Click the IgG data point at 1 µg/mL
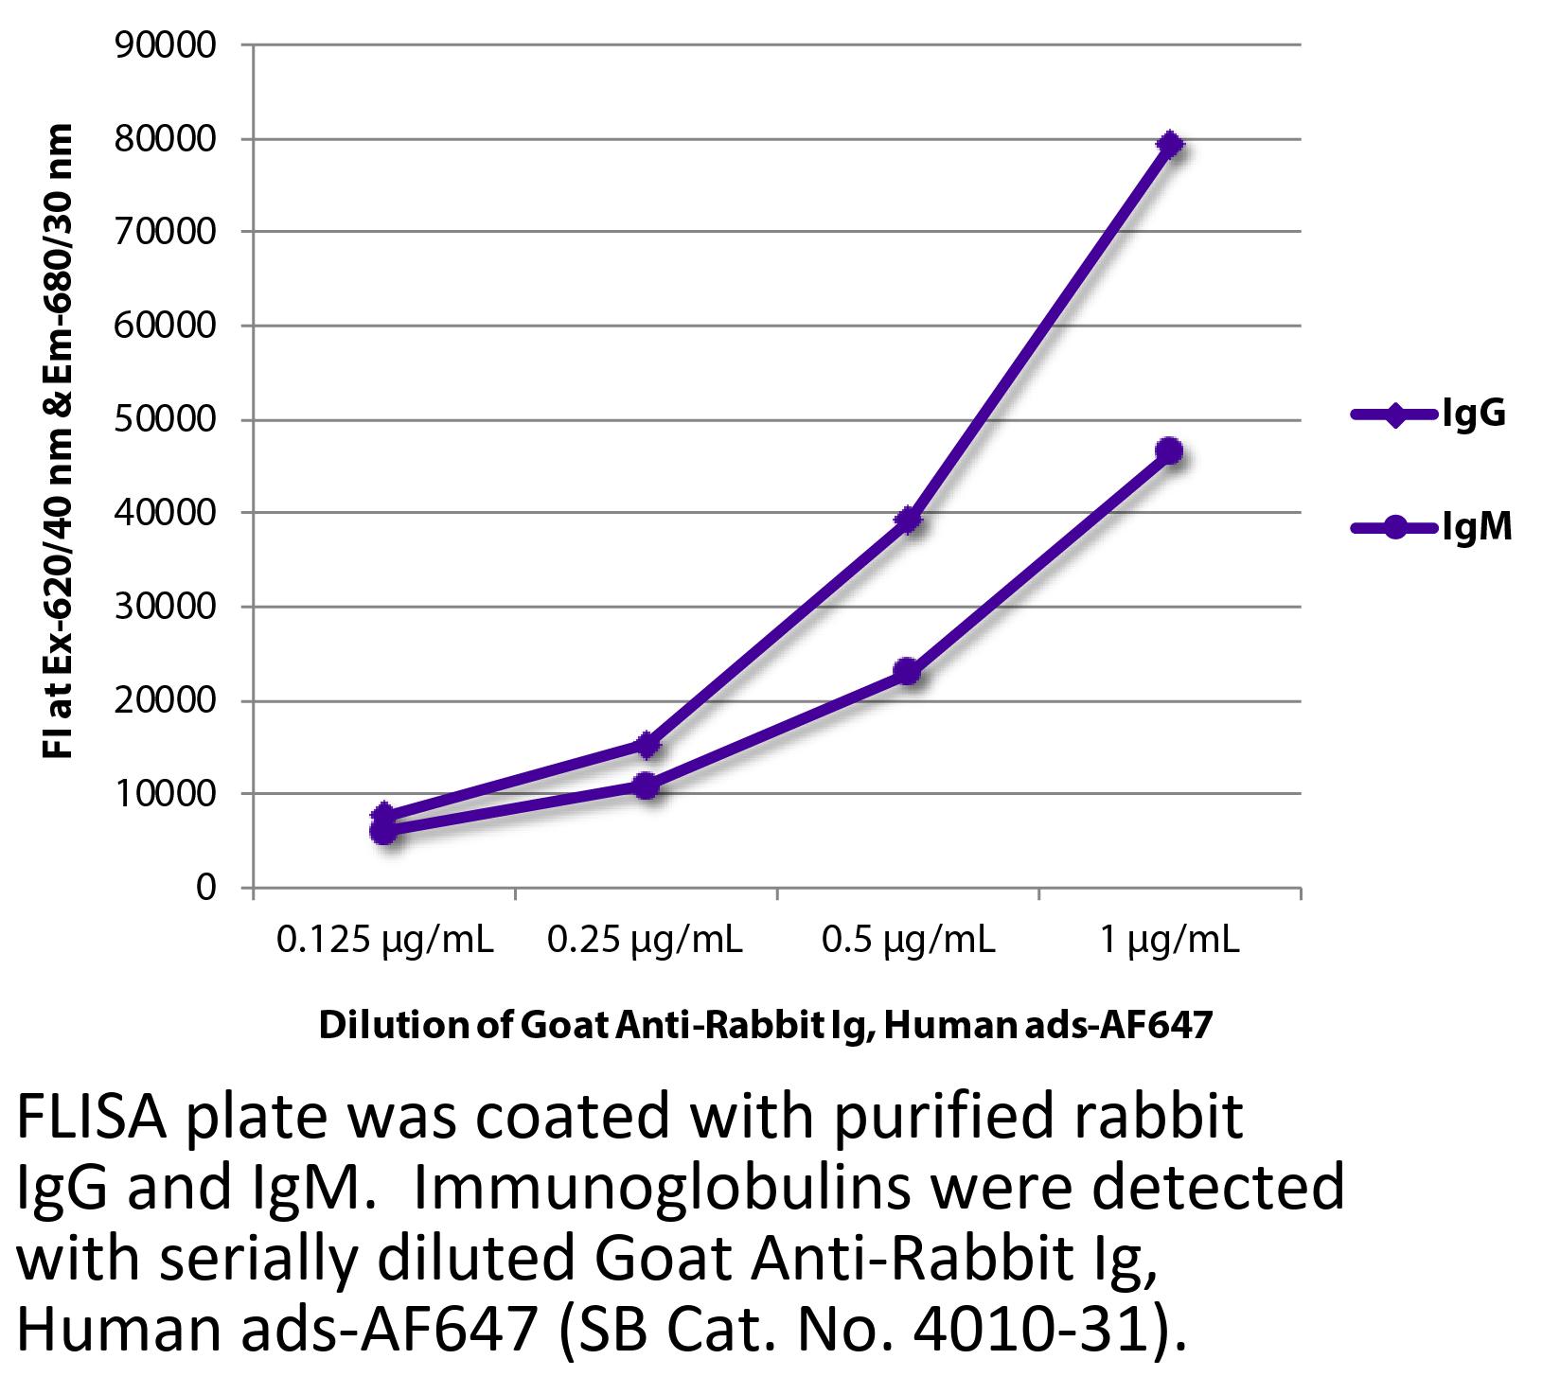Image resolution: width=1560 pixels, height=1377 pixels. tap(1170, 145)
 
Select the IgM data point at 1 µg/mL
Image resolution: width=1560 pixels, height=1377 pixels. tap(1170, 451)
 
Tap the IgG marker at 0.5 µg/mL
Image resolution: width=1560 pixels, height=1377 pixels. tap(908, 520)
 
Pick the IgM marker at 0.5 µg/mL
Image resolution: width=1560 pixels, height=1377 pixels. tap(907, 672)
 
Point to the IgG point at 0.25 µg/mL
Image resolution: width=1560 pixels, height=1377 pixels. tap(647, 745)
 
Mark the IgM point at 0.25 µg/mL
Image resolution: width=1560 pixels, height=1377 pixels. tap(646, 786)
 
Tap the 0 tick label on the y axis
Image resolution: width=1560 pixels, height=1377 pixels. tap(206, 888)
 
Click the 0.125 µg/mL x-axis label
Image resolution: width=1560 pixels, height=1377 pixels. tap(384, 941)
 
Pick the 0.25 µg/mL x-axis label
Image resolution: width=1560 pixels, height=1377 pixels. tap(646, 941)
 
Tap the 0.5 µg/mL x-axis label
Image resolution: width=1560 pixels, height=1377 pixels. tap(908, 941)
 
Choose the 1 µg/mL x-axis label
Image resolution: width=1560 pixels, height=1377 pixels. tap(1169, 941)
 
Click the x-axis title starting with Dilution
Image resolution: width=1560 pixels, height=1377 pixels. tap(765, 1026)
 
